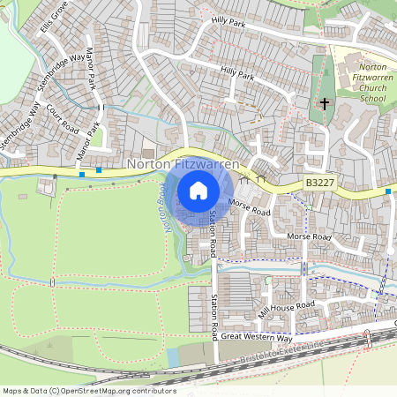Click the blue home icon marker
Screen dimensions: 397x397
tap(198, 191)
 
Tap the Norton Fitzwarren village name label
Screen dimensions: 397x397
tap(181, 164)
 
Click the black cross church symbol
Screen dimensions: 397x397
tap(324, 104)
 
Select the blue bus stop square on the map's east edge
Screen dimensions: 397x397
tap(387, 191)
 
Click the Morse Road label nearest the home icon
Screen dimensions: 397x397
tap(249, 207)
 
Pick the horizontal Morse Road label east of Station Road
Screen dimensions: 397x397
tap(309, 237)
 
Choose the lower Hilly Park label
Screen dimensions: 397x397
tap(237, 73)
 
